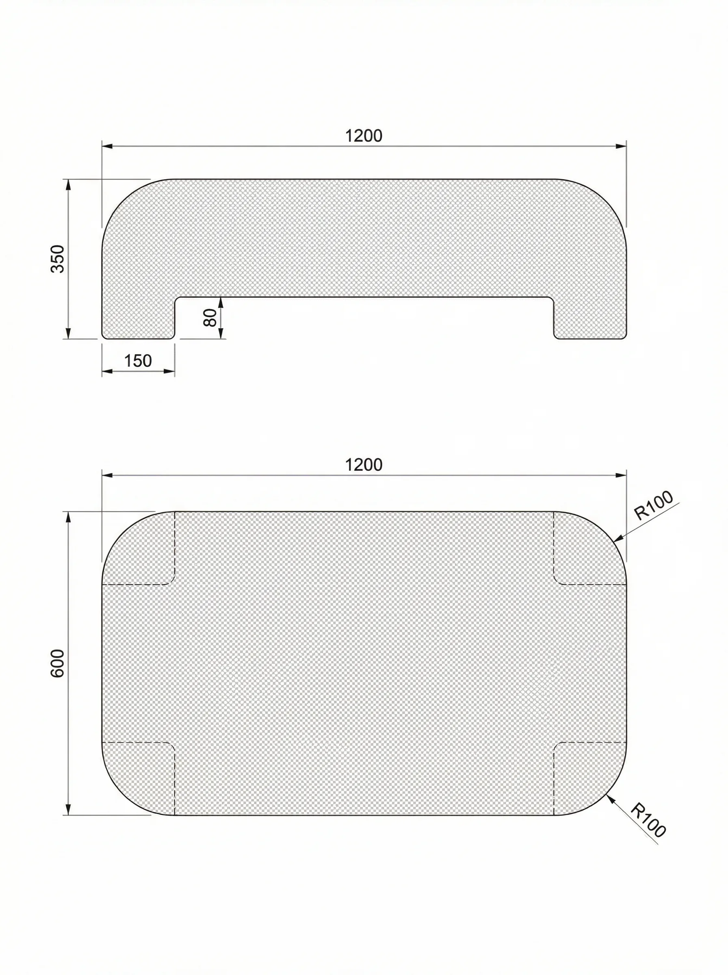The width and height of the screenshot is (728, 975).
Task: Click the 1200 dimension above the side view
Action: (364, 136)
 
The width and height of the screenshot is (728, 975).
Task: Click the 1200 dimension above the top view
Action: (364, 465)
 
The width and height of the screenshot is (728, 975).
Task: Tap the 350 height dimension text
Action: (58, 259)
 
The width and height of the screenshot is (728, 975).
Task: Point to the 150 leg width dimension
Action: (138, 361)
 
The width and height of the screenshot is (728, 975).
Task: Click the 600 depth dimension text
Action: (58, 663)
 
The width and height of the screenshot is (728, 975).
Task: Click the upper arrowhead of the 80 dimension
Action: (221, 301)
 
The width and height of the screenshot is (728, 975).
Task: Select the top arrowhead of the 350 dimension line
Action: (68, 184)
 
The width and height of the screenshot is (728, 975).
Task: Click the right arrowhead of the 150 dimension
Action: (170, 371)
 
